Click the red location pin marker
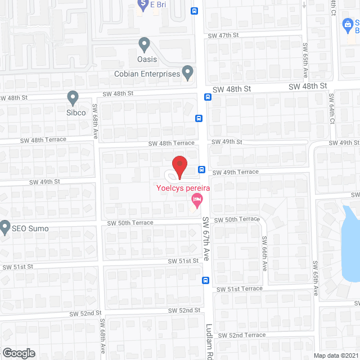click(179, 166)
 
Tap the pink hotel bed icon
click(196, 199)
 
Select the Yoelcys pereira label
click(183, 188)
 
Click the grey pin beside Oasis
click(144, 44)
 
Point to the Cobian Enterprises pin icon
click(188, 72)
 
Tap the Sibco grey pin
click(73, 98)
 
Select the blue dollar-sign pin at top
click(142, 3)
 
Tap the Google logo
click(18, 353)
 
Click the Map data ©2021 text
click(335, 355)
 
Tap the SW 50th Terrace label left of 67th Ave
click(130, 223)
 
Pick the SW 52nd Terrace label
click(241, 335)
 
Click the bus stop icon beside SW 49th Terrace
click(201, 169)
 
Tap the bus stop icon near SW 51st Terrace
click(206, 280)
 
